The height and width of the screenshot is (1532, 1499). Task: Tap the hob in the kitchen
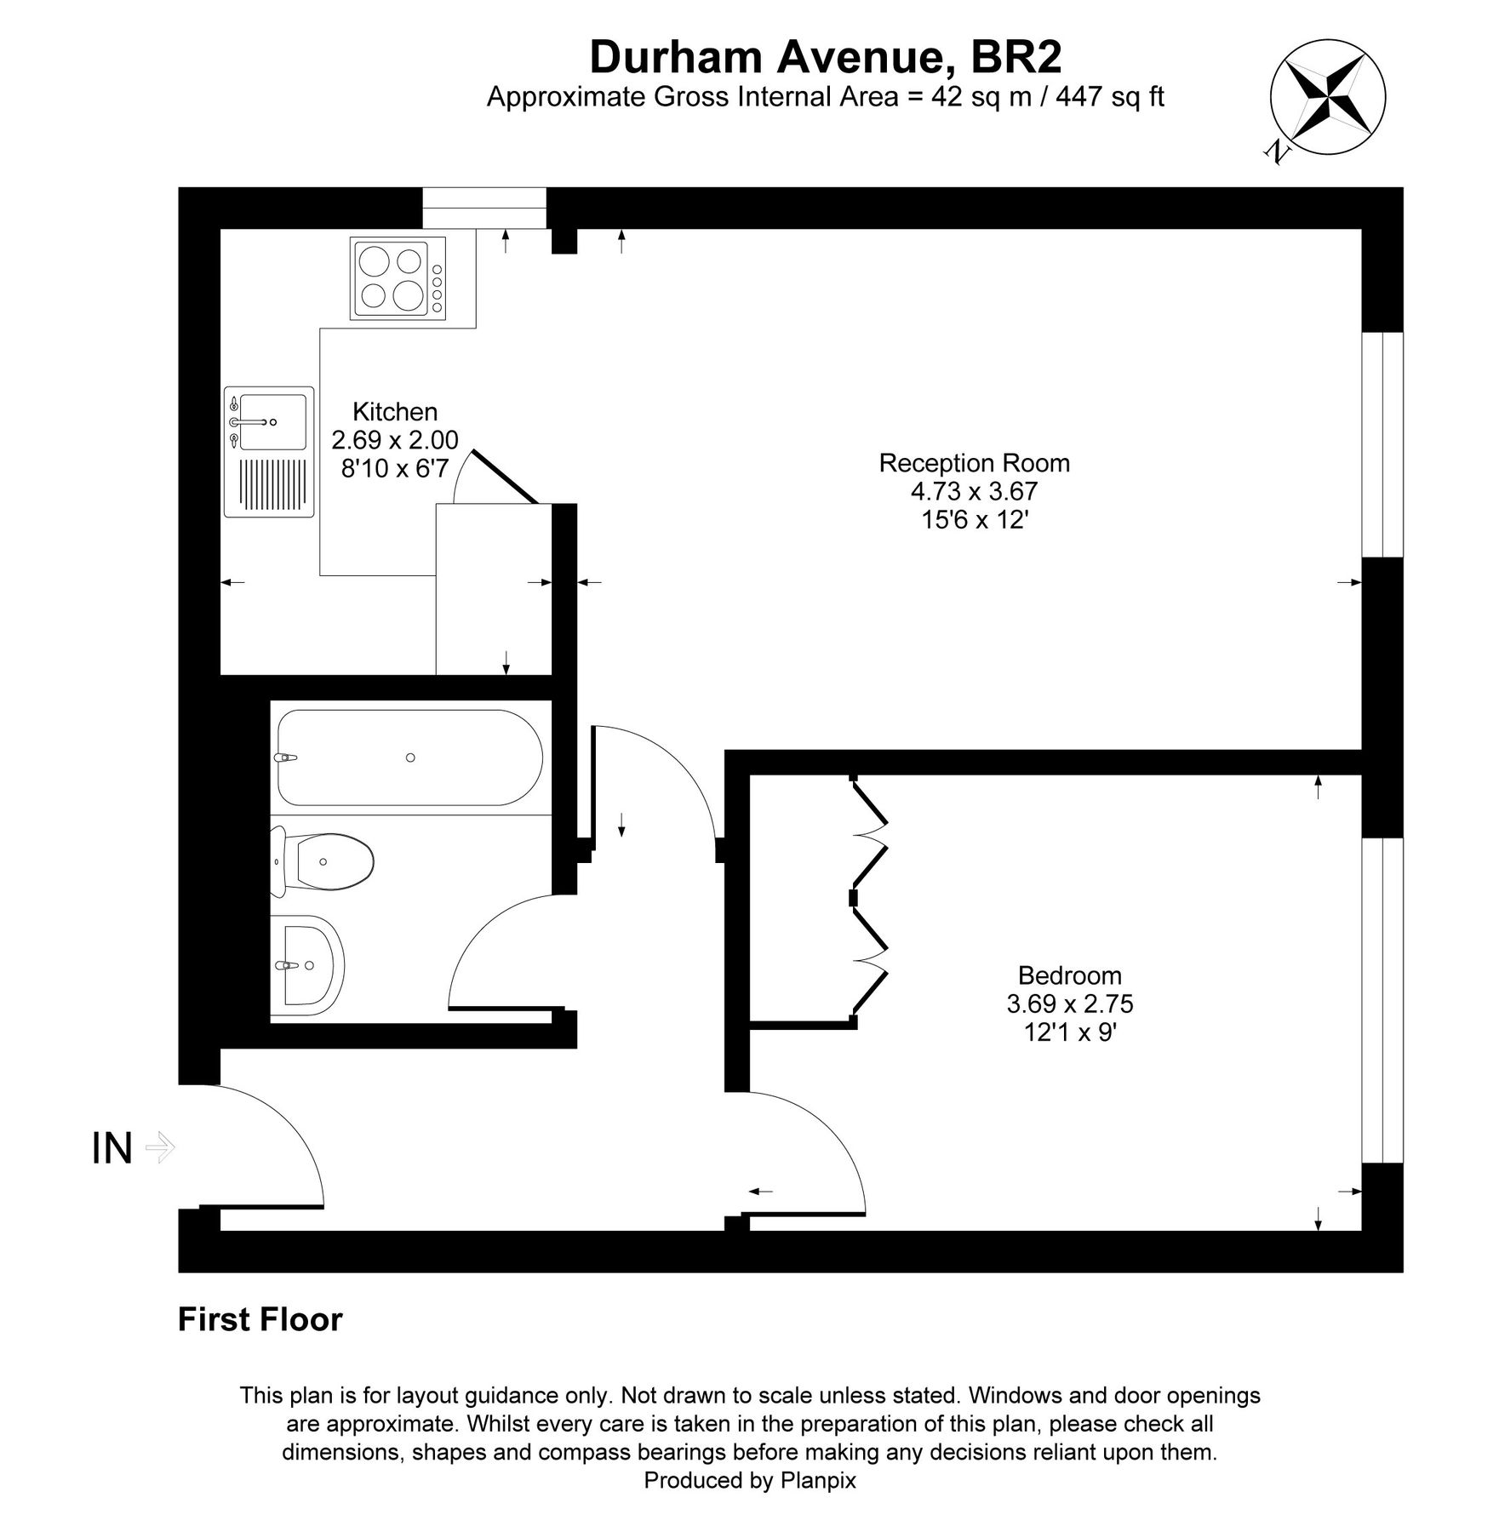point(398,278)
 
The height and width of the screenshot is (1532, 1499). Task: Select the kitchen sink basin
point(272,421)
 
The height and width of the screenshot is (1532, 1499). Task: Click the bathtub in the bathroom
point(409,757)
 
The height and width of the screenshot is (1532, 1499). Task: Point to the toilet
point(323,862)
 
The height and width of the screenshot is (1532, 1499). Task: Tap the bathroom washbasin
point(308,965)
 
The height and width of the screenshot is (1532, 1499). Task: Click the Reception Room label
point(974,463)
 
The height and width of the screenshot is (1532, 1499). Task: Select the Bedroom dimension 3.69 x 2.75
point(1069,1004)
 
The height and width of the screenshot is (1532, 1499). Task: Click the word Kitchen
point(395,412)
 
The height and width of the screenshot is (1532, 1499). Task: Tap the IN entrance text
point(112,1149)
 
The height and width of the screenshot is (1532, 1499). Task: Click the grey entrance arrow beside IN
point(160,1147)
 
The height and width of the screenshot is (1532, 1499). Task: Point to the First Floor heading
point(260,1320)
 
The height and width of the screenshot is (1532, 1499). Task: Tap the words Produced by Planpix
point(749,1481)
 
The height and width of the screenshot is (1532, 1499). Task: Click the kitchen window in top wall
point(483,209)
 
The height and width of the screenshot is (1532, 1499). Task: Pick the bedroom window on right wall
point(1382,1000)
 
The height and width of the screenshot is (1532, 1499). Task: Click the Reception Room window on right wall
point(1382,444)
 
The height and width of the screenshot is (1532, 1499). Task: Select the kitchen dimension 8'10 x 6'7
point(395,468)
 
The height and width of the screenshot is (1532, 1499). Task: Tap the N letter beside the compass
point(1276,151)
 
